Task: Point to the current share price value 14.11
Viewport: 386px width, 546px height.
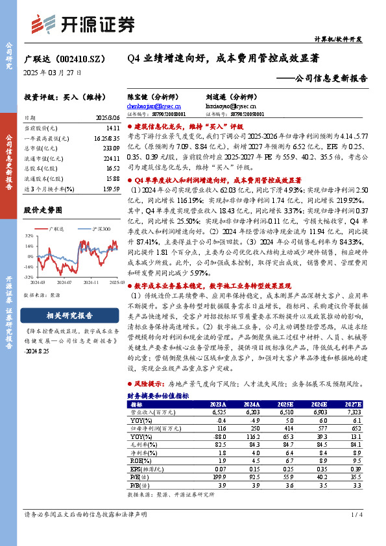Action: coord(112,128)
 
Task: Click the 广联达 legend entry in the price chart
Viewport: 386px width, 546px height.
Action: coord(57,229)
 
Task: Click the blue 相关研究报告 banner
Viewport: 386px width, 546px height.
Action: coord(69,316)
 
